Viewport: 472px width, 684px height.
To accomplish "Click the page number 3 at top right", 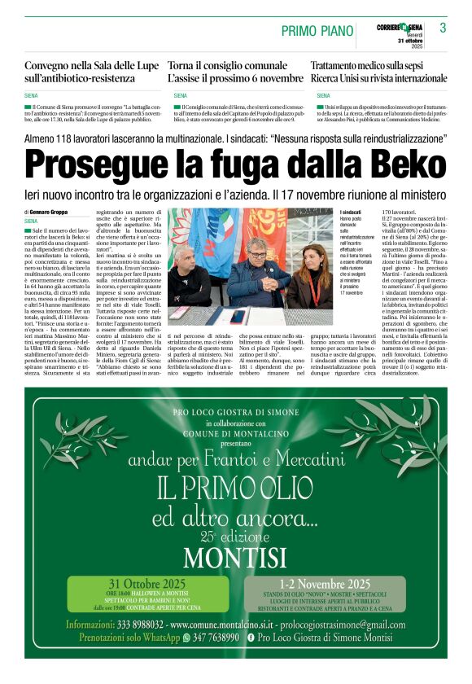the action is pos(442,28).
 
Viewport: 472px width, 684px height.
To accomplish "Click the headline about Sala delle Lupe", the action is pos(80,72).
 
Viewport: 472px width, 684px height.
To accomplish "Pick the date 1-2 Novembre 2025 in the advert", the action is pos(324,584).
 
